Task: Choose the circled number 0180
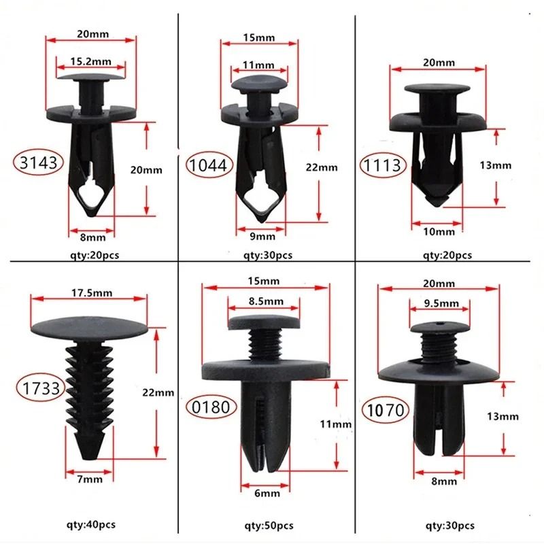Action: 211,407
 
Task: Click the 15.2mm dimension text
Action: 90,62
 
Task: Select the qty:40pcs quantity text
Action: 90,526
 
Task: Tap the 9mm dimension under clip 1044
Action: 262,237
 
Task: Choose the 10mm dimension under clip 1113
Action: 439,232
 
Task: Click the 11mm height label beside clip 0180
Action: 335,424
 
